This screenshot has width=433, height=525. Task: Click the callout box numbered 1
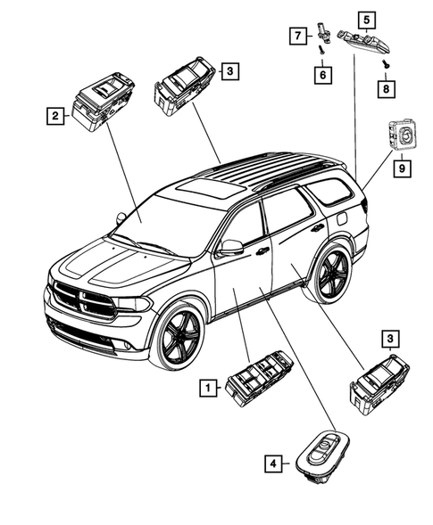(207, 387)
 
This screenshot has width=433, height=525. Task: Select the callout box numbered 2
(55, 114)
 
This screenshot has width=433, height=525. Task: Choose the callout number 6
(320, 76)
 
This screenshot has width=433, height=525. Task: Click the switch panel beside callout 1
(253, 384)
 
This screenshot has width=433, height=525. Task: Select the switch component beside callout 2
(104, 103)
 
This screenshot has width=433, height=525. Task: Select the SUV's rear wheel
(327, 274)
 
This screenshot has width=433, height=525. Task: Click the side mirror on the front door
(231, 247)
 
